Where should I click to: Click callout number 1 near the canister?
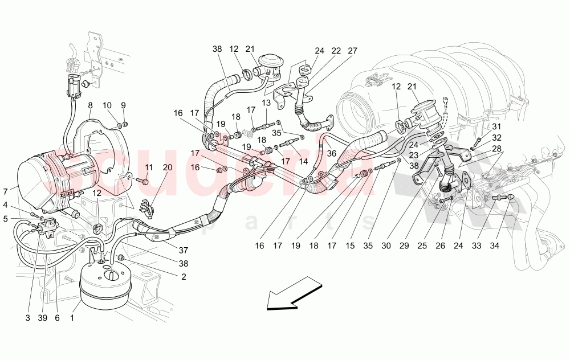(72, 318)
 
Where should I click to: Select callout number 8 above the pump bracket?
(90, 105)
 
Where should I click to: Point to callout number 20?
(167, 167)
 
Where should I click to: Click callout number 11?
(149, 167)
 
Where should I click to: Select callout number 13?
(266, 103)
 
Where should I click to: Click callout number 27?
(353, 51)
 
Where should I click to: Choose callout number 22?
(336, 51)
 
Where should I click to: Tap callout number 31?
(496, 126)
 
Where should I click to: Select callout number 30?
(386, 246)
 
